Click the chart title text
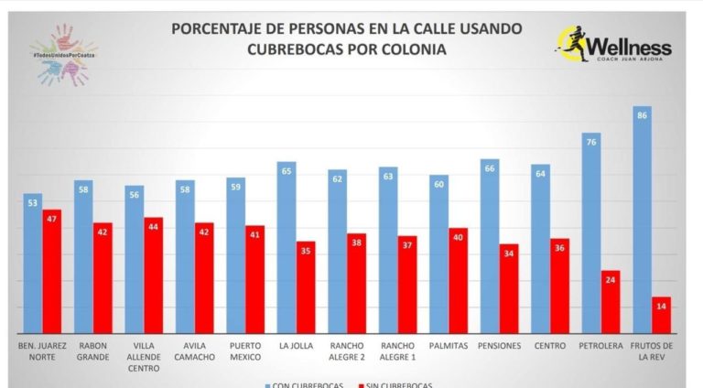pyautogui.click(x=347, y=38)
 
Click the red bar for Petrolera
pyautogui.click(x=611, y=301)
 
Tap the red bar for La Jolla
pyautogui.click(x=306, y=287)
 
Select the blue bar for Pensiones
pyautogui.click(x=490, y=246)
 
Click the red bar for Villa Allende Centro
pyautogui.click(x=154, y=275)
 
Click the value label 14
pyautogui.click(x=661, y=306)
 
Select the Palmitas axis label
pyautogui.click(x=448, y=346)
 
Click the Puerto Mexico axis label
pyautogui.click(x=245, y=351)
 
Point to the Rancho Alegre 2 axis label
pyautogui.click(x=346, y=351)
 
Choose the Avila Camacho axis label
pyautogui.click(x=194, y=351)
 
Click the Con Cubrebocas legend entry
pyautogui.click(x=306, y=384)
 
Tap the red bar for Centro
pyautogui.click(x=559, y=286)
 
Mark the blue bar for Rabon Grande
pyautogui.click(x=83, y=257)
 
